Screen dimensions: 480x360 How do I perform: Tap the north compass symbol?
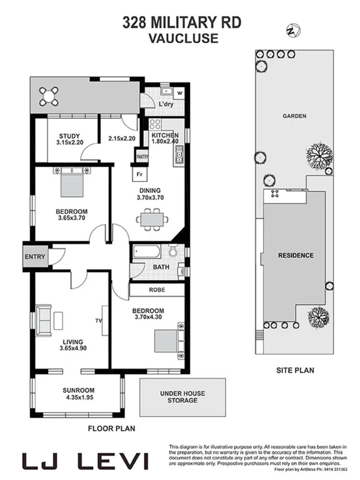293,29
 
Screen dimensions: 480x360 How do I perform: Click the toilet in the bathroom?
173,251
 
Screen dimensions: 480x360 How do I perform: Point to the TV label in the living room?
98,321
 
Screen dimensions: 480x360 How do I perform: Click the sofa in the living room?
44,320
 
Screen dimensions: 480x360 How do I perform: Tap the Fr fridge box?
139,175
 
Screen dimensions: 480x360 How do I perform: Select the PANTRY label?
142,157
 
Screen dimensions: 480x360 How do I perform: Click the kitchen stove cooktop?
155,125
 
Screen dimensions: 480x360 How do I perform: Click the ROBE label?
157,290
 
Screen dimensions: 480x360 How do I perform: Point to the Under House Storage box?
182,397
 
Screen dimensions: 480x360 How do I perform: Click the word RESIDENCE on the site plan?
295,256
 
